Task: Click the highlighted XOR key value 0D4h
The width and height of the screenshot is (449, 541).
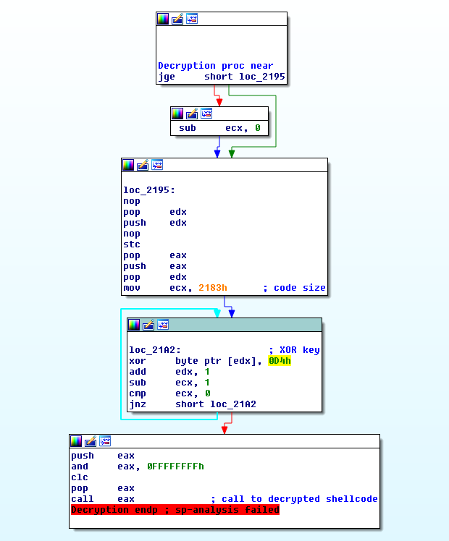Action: (280, 361)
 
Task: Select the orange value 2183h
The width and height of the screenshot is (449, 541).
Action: (213, 288)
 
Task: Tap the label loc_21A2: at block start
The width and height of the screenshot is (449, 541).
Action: (155, 350)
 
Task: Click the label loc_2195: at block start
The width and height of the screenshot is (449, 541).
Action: (149, 190)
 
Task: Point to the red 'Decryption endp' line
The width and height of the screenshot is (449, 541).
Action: (175, 510)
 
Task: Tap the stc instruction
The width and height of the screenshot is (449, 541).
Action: (132, 244)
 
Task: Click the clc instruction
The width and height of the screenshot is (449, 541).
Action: (80, 477)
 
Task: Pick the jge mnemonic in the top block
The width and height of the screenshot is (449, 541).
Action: (167, 77)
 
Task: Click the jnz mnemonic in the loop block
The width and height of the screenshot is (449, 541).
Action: (138, 404)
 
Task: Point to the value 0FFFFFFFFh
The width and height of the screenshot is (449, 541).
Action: (175, 467)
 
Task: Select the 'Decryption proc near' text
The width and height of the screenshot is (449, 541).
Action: (216, 66)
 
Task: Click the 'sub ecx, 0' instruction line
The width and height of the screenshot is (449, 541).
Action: (219, 128)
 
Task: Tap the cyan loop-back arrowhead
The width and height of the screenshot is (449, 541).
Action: (217, 313)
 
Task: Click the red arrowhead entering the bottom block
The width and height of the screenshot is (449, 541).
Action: (224, 430)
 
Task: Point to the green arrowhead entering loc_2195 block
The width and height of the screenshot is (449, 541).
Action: (232, 153)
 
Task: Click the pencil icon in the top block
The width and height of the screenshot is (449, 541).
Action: (177, 19)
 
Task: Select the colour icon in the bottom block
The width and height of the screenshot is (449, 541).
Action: (76, 441)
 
